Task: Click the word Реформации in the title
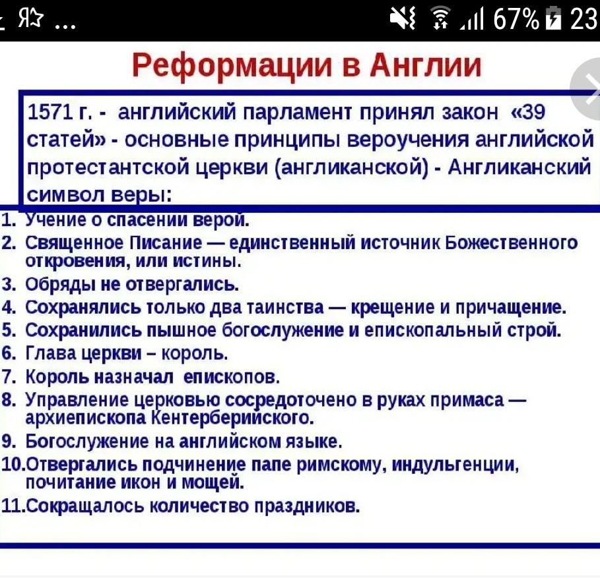pos(232,66)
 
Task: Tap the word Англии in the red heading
pos(425,65)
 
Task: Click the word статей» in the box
pos(66,140)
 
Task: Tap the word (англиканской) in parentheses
pos(352,167)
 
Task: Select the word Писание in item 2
pos(166,243)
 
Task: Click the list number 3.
pos(8,285)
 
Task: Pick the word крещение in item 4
pos(393,308)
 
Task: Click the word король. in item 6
pos(195,354)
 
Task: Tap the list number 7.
pos(8,377)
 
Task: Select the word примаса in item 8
pos(467,400)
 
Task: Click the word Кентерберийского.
pos(232,418)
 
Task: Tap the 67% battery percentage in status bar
pos(516,18)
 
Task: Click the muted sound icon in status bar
pos(403,18)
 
